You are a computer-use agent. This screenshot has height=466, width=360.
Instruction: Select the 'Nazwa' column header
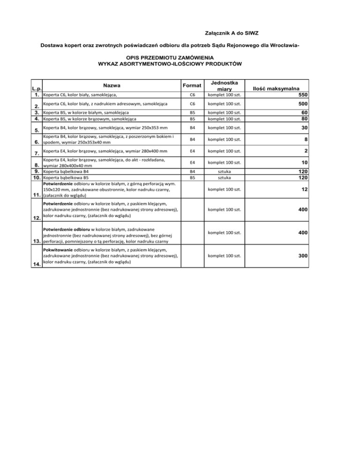tap(112, 85)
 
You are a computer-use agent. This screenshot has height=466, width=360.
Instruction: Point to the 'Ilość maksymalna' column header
tap(277, 88)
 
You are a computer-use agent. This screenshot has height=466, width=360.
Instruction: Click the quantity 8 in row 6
tap(305, 139)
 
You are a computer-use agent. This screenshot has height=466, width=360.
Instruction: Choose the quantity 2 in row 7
tap(305, 151)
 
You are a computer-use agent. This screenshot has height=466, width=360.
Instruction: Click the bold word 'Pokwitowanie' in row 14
tap(58, 250)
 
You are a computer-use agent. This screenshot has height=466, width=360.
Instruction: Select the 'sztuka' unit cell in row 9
tap(225, 172)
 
